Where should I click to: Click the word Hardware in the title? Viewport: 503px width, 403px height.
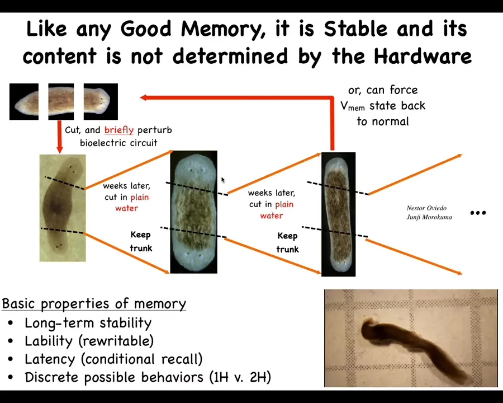[423, 56]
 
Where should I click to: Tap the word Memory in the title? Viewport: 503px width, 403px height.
[223, 29]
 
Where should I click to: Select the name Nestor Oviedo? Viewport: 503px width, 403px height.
[426, 208]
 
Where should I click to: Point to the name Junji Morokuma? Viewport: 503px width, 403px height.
[429, 217]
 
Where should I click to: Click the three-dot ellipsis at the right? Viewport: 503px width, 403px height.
[478, 213]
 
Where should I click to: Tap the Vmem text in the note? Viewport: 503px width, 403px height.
[353, 106]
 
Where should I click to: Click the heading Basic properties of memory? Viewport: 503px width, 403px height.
[94, 304]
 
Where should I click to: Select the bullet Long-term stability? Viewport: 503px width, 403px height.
[88, 323]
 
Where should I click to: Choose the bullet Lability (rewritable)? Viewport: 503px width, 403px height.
[89, 341]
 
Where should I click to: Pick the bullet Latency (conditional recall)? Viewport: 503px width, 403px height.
[113, 359]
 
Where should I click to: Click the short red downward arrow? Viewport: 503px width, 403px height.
[59, 137]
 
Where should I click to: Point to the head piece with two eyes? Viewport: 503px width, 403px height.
[101, 101]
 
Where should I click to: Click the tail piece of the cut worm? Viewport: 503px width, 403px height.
[24, 101]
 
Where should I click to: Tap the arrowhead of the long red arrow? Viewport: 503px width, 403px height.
[144, 97]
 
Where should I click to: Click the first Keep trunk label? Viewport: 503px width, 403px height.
[141, 241]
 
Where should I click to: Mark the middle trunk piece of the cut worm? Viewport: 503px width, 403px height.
[61, 101]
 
